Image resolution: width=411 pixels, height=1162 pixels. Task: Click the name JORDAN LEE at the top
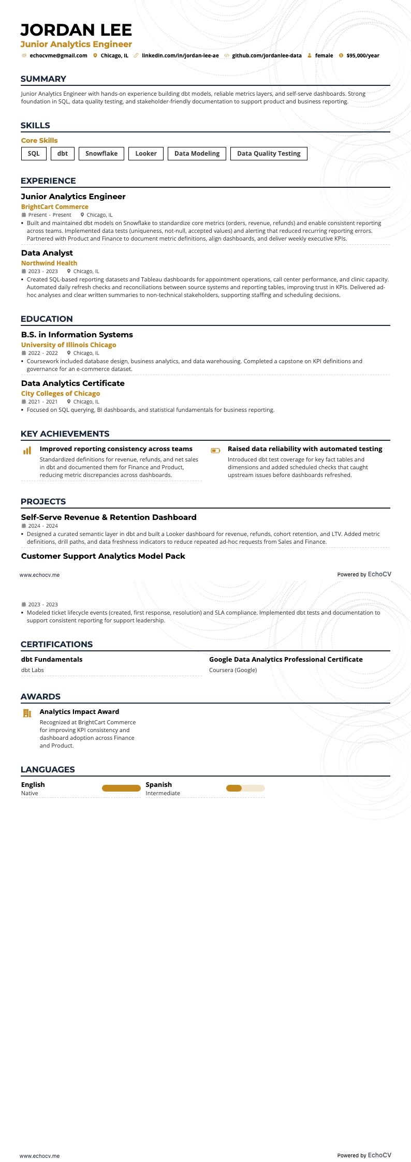[77, 30]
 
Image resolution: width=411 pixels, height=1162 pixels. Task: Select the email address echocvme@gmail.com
[58, 56]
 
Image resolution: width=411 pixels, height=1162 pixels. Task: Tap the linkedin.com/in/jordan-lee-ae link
[180, 56]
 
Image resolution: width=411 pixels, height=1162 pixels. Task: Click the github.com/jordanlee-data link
[267, 56]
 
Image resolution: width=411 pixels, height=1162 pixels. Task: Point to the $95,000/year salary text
[362, 56]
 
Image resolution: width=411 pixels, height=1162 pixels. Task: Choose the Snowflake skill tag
[101, 154]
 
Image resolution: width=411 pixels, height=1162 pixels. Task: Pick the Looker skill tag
[146, 154]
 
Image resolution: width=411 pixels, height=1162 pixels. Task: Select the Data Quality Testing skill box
[269, 154]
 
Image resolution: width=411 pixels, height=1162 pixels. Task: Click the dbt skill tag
[63, 154]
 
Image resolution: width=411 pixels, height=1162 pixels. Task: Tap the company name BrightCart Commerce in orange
[55, 207]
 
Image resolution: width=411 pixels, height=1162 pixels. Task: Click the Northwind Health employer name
[49, 263]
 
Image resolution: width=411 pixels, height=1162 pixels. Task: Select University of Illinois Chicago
[69, 345]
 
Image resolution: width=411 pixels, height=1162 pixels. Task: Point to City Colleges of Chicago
[61, 394]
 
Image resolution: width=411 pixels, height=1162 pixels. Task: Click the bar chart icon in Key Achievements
[27, 451]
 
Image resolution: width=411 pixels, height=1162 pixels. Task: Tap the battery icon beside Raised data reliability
[215, 451]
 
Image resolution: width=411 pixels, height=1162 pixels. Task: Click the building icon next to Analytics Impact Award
[27, 713]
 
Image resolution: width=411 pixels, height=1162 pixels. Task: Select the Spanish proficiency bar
[245, 788]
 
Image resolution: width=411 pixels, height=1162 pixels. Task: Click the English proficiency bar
[121, 788]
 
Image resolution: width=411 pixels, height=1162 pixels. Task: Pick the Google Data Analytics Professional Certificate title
[286, 660]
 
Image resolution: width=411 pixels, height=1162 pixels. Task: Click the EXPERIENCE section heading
[48, 181]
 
